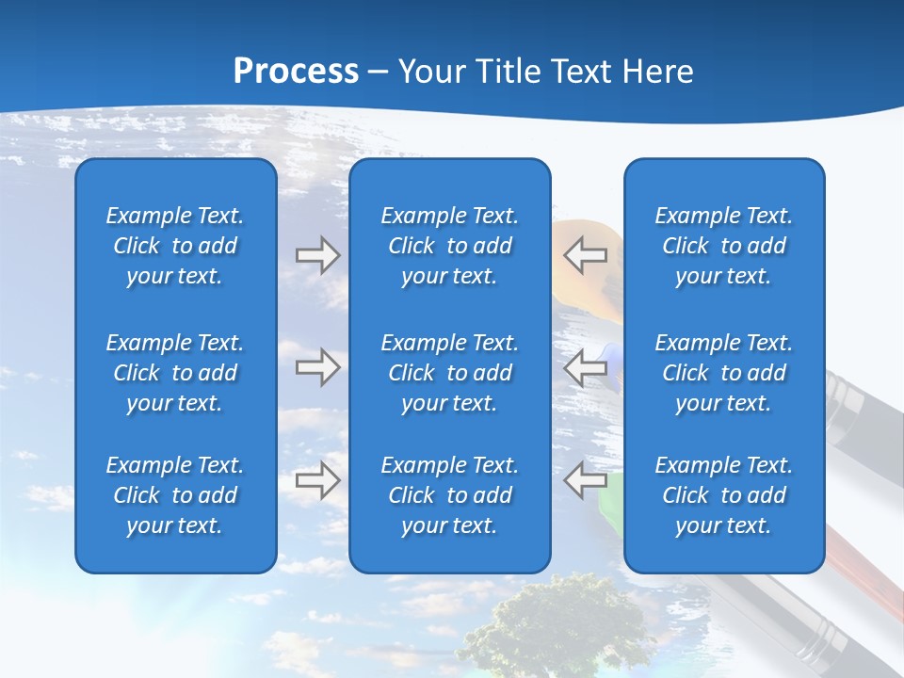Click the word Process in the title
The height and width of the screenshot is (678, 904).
296,71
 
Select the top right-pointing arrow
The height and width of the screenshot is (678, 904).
317,255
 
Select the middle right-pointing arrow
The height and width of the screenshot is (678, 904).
317,367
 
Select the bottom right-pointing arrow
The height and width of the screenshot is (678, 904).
317,480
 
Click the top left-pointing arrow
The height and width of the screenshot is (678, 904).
586,255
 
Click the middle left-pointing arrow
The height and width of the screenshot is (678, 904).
586,367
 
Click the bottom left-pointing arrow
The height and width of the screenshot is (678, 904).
586,480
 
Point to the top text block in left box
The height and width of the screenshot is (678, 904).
175,246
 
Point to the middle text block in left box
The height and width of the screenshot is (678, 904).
175,373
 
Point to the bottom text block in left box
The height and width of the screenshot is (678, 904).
175,495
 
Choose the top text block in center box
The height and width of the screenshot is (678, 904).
449,246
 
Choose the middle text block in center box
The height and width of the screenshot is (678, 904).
449,373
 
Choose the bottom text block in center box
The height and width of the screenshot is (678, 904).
449,495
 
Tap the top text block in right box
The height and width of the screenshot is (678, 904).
723,246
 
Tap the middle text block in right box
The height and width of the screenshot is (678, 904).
723,373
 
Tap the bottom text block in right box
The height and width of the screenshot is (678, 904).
723,495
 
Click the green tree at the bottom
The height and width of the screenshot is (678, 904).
556,621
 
